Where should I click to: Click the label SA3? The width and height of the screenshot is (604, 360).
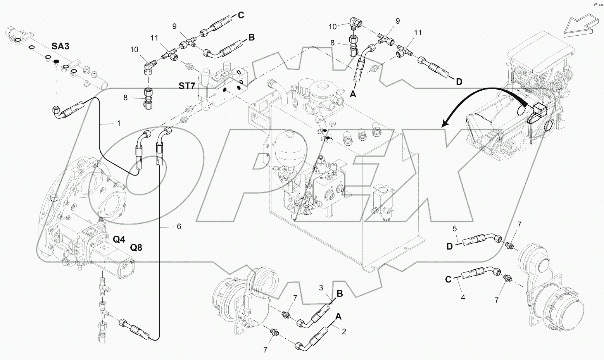[x=60, y=46]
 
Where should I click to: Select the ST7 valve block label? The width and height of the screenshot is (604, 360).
[x=187, y=86]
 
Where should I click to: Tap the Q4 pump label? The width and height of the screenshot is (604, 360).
[x=119, y=239]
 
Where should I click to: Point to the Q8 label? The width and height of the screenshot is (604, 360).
[x=136, y=247]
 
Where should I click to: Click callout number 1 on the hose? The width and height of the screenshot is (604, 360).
[x=119, y=123]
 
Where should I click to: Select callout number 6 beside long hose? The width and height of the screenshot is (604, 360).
[x=179, y=226]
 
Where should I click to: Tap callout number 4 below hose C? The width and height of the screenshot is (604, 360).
[x=463, y=298]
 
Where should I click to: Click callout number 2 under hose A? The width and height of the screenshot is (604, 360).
[x=343, y=332]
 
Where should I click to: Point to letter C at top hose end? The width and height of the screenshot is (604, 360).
[x=240, y=16]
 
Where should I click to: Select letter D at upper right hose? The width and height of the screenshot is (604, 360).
[x=459, y=82]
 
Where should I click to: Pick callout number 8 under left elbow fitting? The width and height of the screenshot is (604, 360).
[x=126, y=98]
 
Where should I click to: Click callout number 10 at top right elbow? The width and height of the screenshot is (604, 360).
[x=333, y=26]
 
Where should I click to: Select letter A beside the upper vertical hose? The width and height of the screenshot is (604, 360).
[x=353, y=93]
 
